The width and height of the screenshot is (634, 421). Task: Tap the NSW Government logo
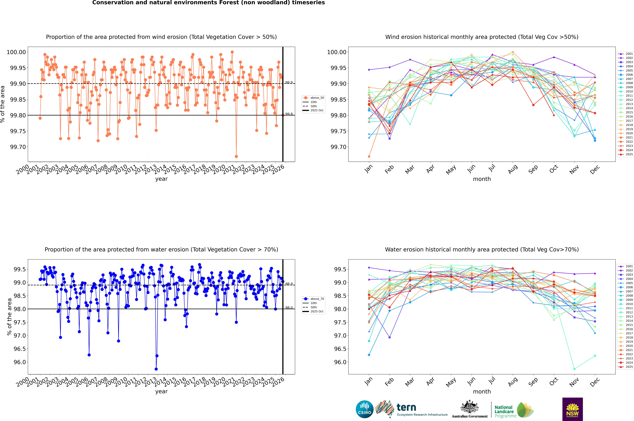[x=572, y=409]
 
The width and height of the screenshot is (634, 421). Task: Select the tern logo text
[x=406, y=408]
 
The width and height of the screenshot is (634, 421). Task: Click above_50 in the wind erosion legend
[x=317, y=98]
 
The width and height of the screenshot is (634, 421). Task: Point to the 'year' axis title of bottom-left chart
[x=161, y=391]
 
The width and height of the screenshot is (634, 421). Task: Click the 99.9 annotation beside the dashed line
[x=289, y=82]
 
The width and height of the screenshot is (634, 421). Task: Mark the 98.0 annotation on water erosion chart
[x=289, y=308]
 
